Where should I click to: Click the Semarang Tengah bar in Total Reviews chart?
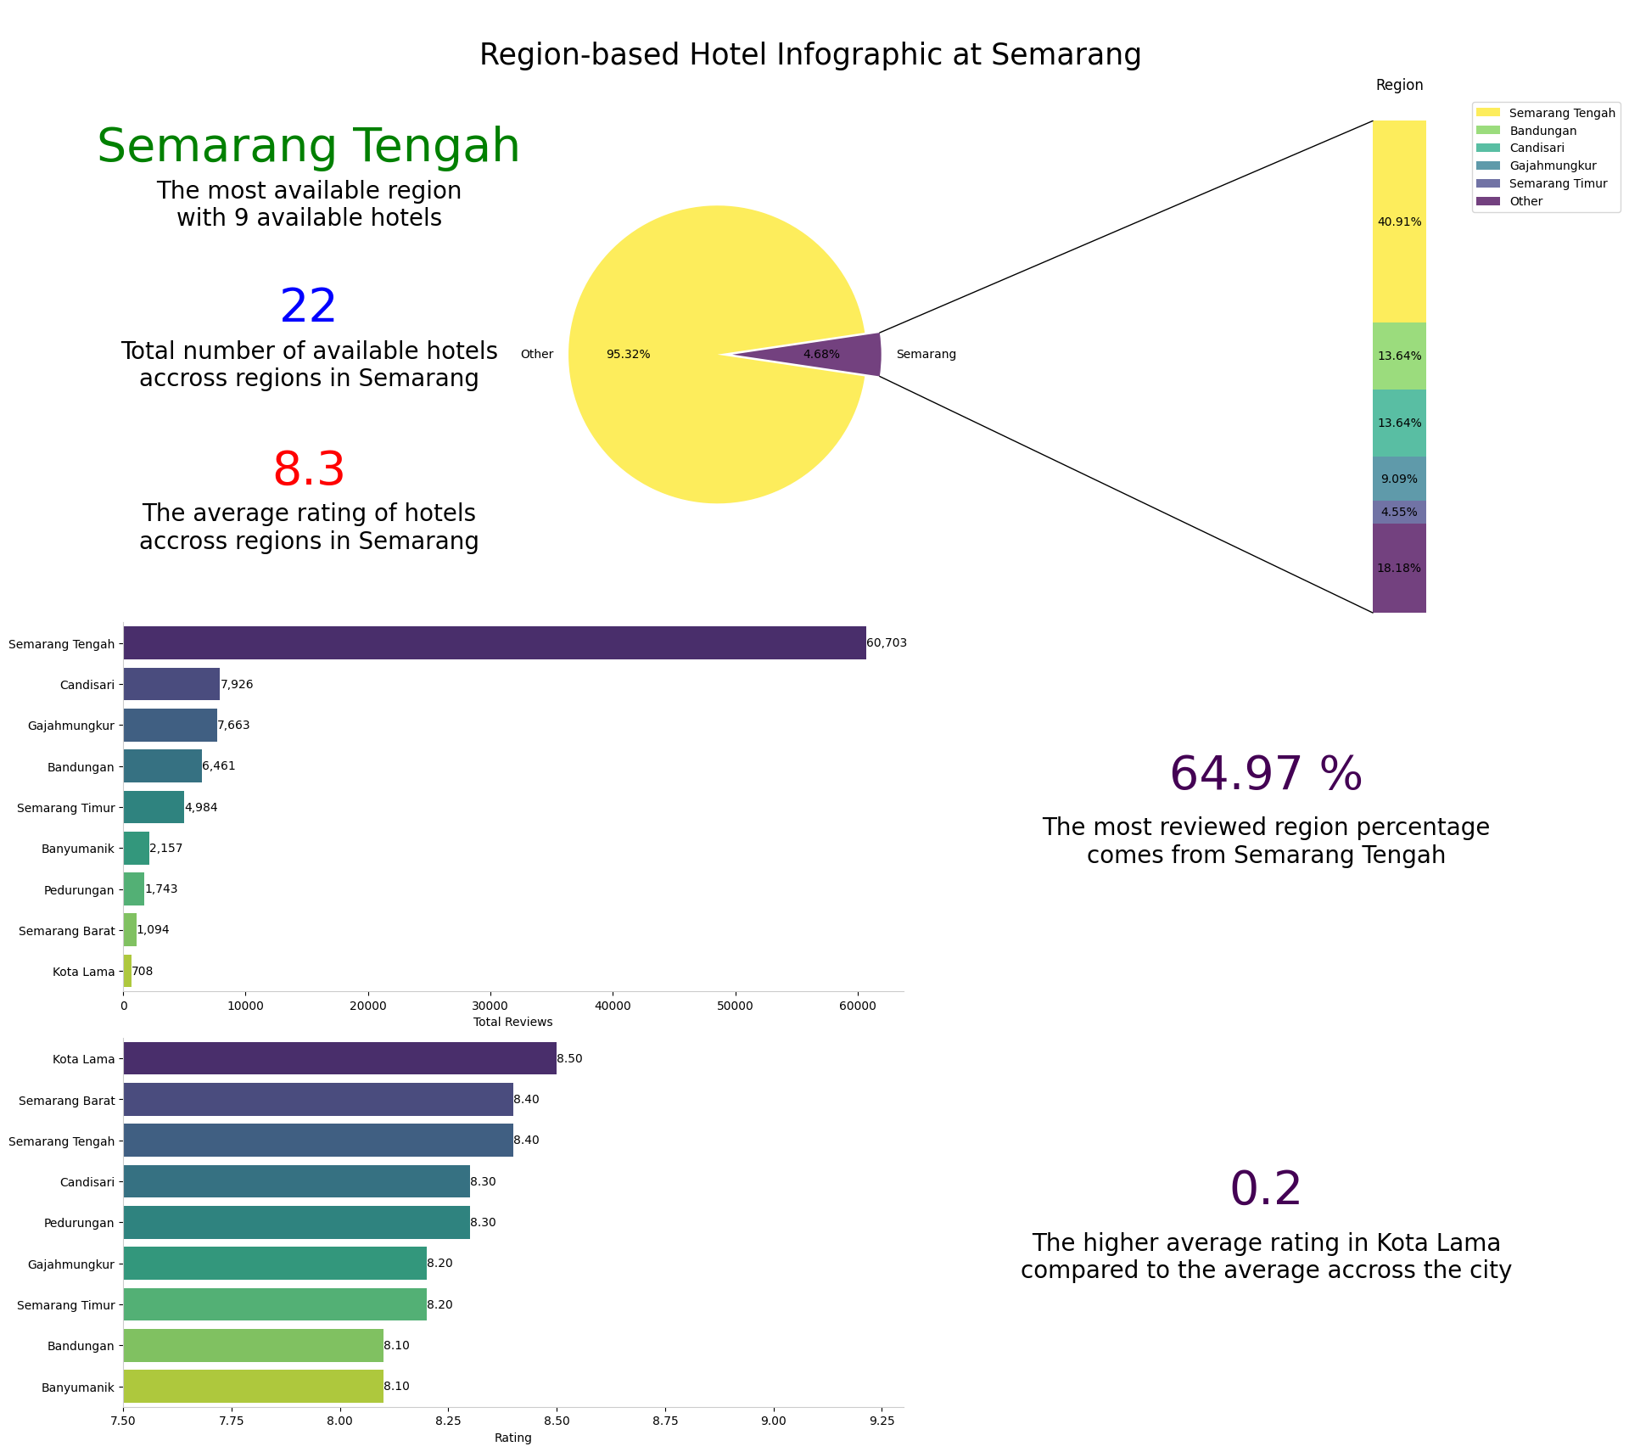[x=494, y=643]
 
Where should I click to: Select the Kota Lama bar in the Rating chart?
[x=339, y=1058]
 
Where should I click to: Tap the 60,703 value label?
[x=887, y=643]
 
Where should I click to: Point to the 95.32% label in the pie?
[x=628, y=355]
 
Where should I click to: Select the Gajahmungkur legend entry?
[x=1552, y=166]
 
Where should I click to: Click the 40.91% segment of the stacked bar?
[x=1399, y=221]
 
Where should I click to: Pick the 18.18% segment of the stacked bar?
[x=1399, y=568]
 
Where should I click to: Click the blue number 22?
[x=308, y=307]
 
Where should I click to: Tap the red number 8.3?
[x=308, y=470]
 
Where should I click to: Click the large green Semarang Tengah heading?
[x=308, y=147]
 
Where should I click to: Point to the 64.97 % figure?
[x=1265, y=775]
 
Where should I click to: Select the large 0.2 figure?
[x=1265, y=1189]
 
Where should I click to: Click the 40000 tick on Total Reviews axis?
[x=613, y=1006]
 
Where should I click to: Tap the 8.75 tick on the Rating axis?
[x=665, y=1421]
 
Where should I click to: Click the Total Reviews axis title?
[x=512, y=1023]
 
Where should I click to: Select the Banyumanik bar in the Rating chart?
[x=253, y=1387]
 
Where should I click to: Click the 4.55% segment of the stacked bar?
[x=1399, y=513]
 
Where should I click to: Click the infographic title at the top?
[x=810, y=55]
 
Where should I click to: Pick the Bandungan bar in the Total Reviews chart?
[x=162, y=766]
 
